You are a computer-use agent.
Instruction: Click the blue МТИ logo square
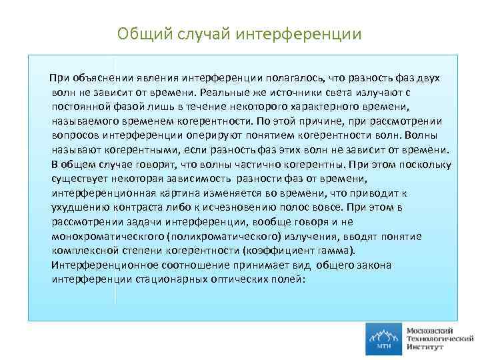point(383,339)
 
